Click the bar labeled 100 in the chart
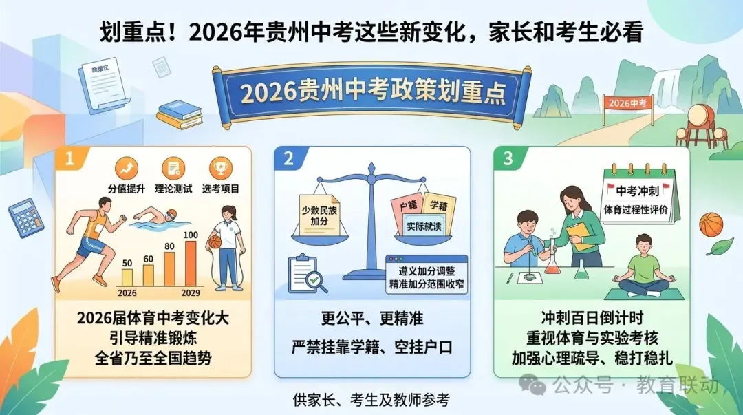tap(191, 264)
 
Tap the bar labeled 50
tap(127, 276)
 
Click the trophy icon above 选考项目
tap(220, 167)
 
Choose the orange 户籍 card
tap(406, 205)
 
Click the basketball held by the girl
tap(214, 242)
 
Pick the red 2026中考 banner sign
tap(628, 103)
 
